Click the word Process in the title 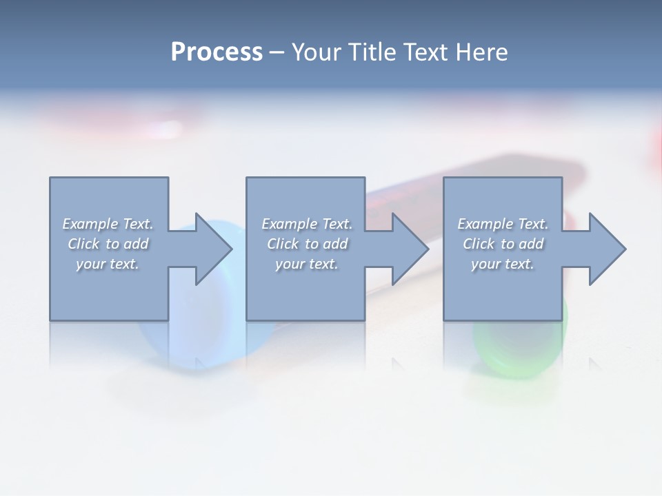(x=217, y=52)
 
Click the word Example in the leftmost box (x=90, y=224)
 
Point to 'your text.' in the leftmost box (x=108, y=264)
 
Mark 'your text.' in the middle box (x=307, y=264)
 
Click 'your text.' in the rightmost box (x=503, y=264)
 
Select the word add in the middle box (x=334, y=244)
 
